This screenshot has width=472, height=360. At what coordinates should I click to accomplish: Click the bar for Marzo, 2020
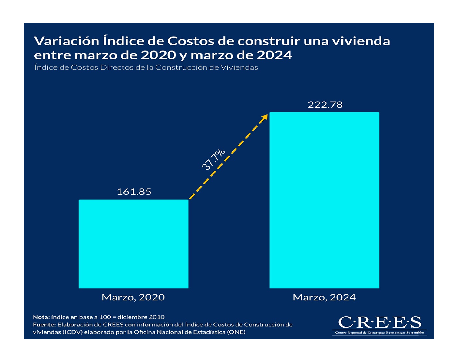tap(133, 244)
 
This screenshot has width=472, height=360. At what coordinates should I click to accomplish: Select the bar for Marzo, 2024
tap(324, 200)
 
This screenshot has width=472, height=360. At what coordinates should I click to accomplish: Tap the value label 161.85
tap(134, 191)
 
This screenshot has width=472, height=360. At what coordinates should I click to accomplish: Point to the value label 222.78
tap(325, 105)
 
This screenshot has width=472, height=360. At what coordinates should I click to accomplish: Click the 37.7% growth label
tap(213, 159)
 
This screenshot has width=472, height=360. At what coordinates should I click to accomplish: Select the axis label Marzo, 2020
tap(133, 297)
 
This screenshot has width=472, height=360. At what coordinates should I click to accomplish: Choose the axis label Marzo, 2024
tap(324, 297)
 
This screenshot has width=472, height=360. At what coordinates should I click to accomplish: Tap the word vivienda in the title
tap(361, 41)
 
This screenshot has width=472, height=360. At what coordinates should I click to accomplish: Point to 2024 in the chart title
tap(274, 55)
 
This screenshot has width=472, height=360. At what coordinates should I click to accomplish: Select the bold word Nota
tap(41, 317)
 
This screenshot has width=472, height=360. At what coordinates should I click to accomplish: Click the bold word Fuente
tap(44, 325)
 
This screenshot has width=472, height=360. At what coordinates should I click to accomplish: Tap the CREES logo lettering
tap(380, 322)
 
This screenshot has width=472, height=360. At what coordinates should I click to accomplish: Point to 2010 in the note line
tap(157, 317)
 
